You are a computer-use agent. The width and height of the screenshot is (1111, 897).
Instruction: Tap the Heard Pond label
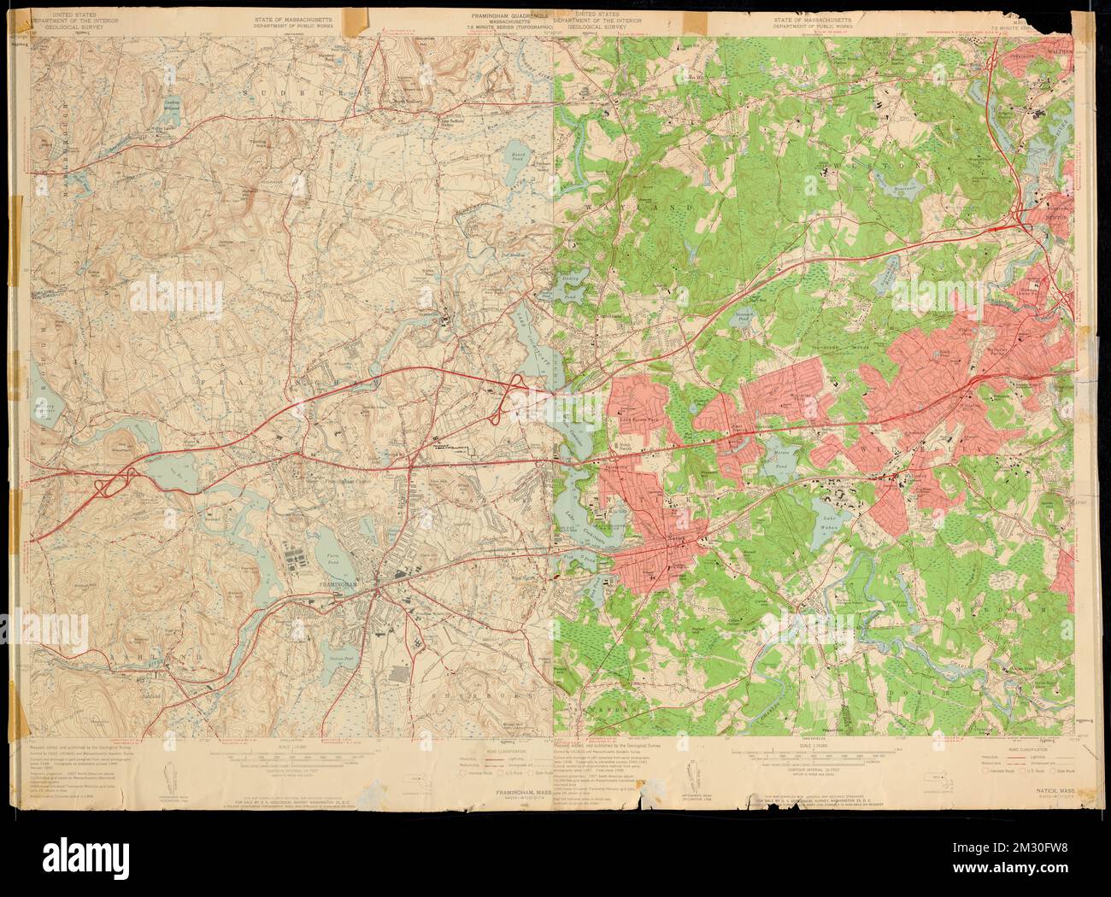tap(521, 157)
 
